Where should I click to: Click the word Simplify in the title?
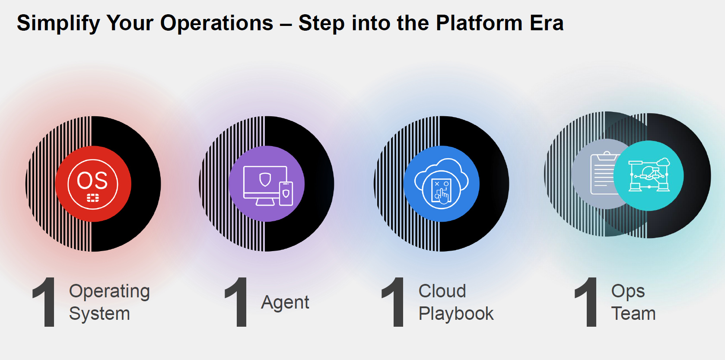tap(58, 24)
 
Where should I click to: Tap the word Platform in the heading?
tap(479, 24)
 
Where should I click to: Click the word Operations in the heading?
tap(217, 24)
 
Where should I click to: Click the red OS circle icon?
tap(93, 184)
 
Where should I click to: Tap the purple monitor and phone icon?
tap(267, 184)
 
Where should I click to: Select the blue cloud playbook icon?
tap(442, 184)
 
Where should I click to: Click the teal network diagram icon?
tap(649, 176)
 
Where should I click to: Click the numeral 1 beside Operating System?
tap(45, 302)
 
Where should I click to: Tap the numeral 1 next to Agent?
tap(237, 302)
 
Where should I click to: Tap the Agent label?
tap(285, 303)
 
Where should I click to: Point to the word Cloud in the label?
tap(442, 291)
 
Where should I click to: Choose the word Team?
tap(633, 313)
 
